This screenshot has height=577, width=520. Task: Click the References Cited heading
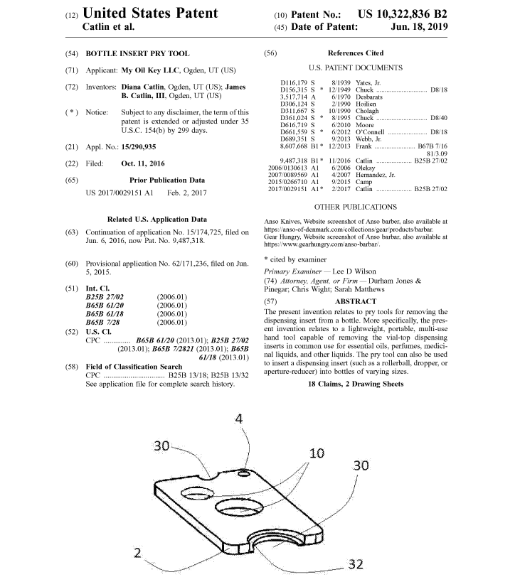pyautogui.click(x=355, y=53)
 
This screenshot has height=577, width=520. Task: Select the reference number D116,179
pyautogui.click(x=297, y=84)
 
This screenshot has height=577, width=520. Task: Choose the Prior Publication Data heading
pyautogui.click(x=167, y=180)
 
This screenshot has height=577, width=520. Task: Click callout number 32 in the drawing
pyautogui.click(x=356, y=564)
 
